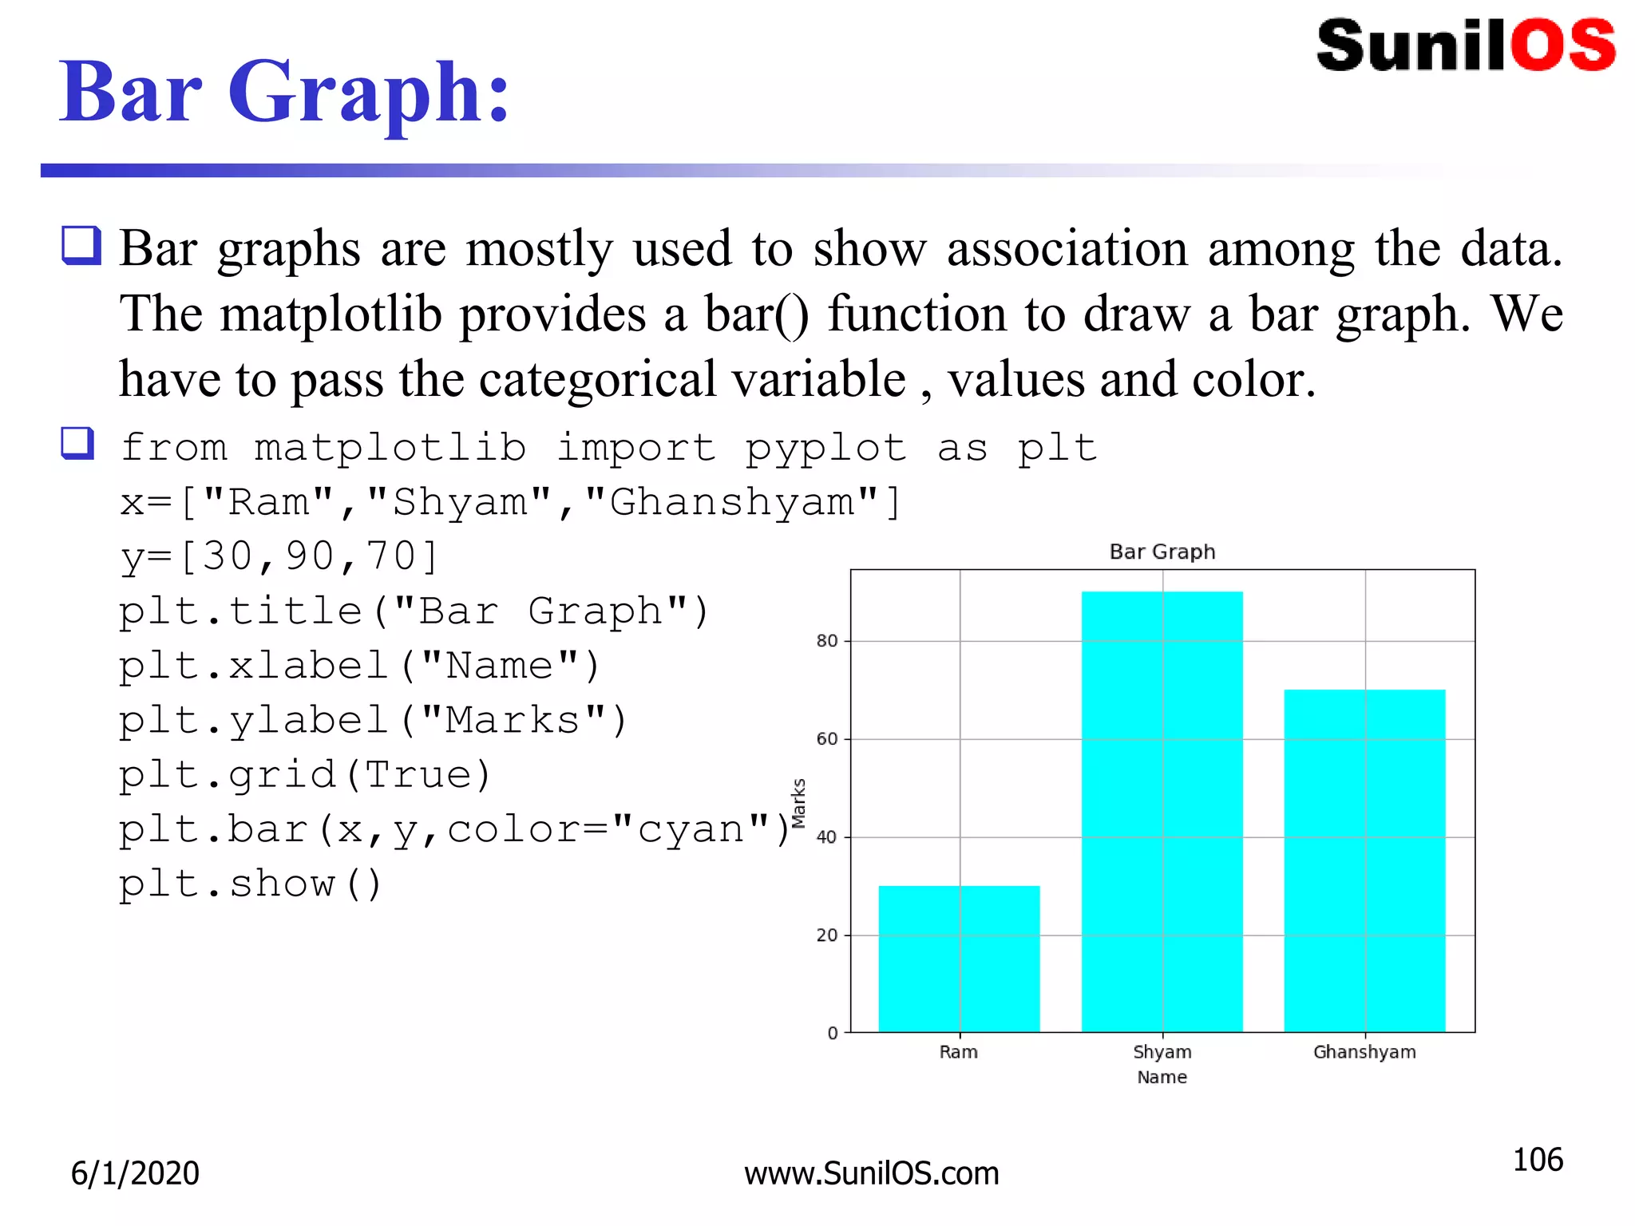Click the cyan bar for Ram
tap(959, 958)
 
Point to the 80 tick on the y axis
tap(827, 641)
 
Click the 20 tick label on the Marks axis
tap(827, 935)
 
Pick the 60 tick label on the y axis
tap(827, 739)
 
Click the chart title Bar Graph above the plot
tap(1162, 552)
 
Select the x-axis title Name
tap(1162, 1078)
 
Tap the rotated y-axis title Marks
tap(798, 803)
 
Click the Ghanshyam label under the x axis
tap(1364, 1052)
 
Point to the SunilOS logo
tap(1466, 45)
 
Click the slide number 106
tap(1538, 1160)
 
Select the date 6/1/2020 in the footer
tap(135, 1173)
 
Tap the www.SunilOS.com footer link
tap(871, 1173)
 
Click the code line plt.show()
tap(251, 884)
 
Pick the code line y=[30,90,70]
tap(279, 556)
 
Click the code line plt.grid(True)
tap(305, 775)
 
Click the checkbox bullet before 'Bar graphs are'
tap(81, 245)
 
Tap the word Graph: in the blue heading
tap(369, 93)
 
